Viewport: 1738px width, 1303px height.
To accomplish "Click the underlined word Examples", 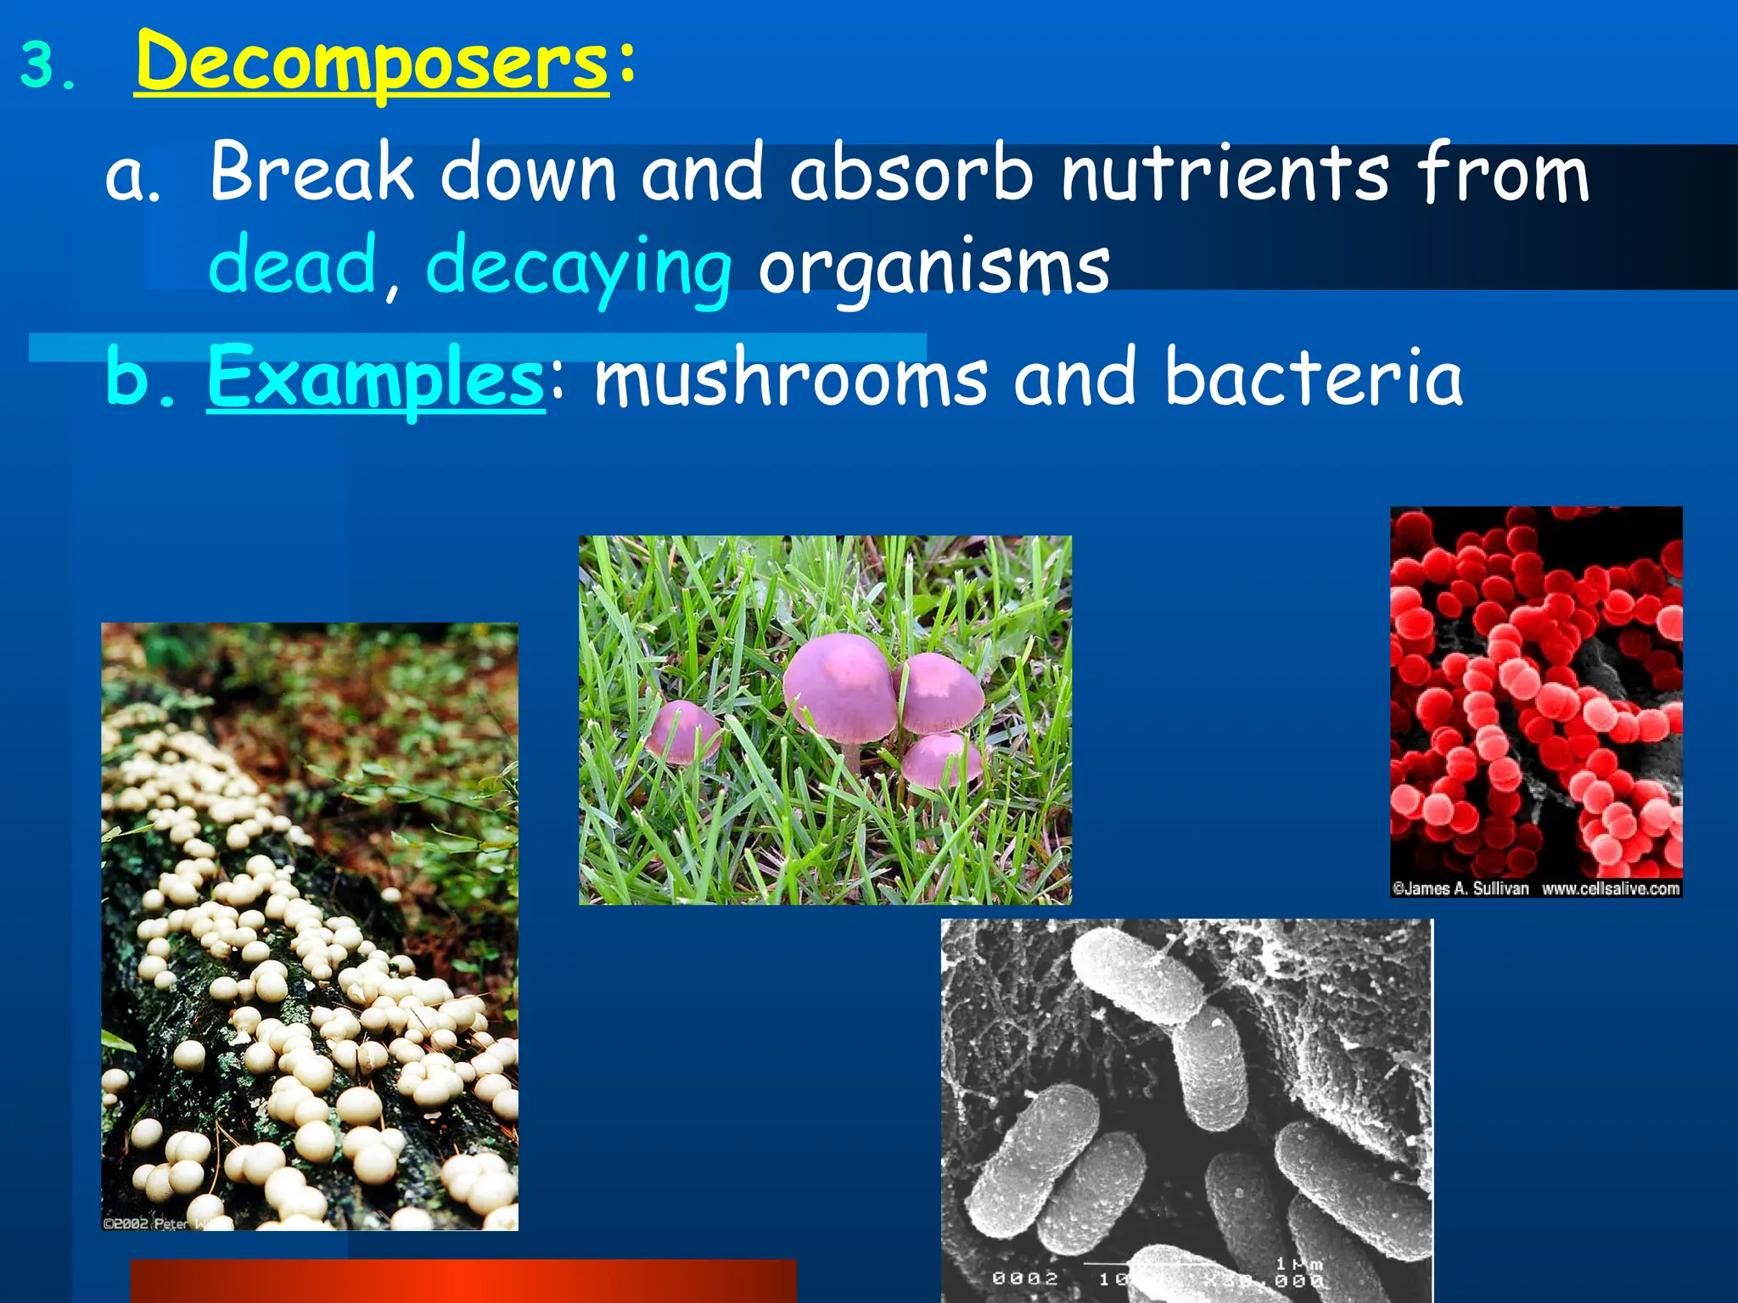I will click(x=375, y=377).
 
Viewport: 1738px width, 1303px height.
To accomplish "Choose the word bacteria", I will click(x=1314, y=377).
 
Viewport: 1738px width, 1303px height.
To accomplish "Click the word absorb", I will click(x=911, y=174).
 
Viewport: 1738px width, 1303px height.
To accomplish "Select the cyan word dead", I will click(x=293, y=266).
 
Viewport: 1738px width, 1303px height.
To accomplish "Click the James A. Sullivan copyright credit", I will click(x=1460, y=888).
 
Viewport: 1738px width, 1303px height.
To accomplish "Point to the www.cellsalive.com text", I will click(x=1610, y=888).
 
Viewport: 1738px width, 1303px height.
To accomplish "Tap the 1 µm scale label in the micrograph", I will click(x=1298, y=1264).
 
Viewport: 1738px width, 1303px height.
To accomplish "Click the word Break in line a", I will click(x=311, y=174).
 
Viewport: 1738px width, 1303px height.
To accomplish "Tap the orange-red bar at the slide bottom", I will click(x=463, y=1281).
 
